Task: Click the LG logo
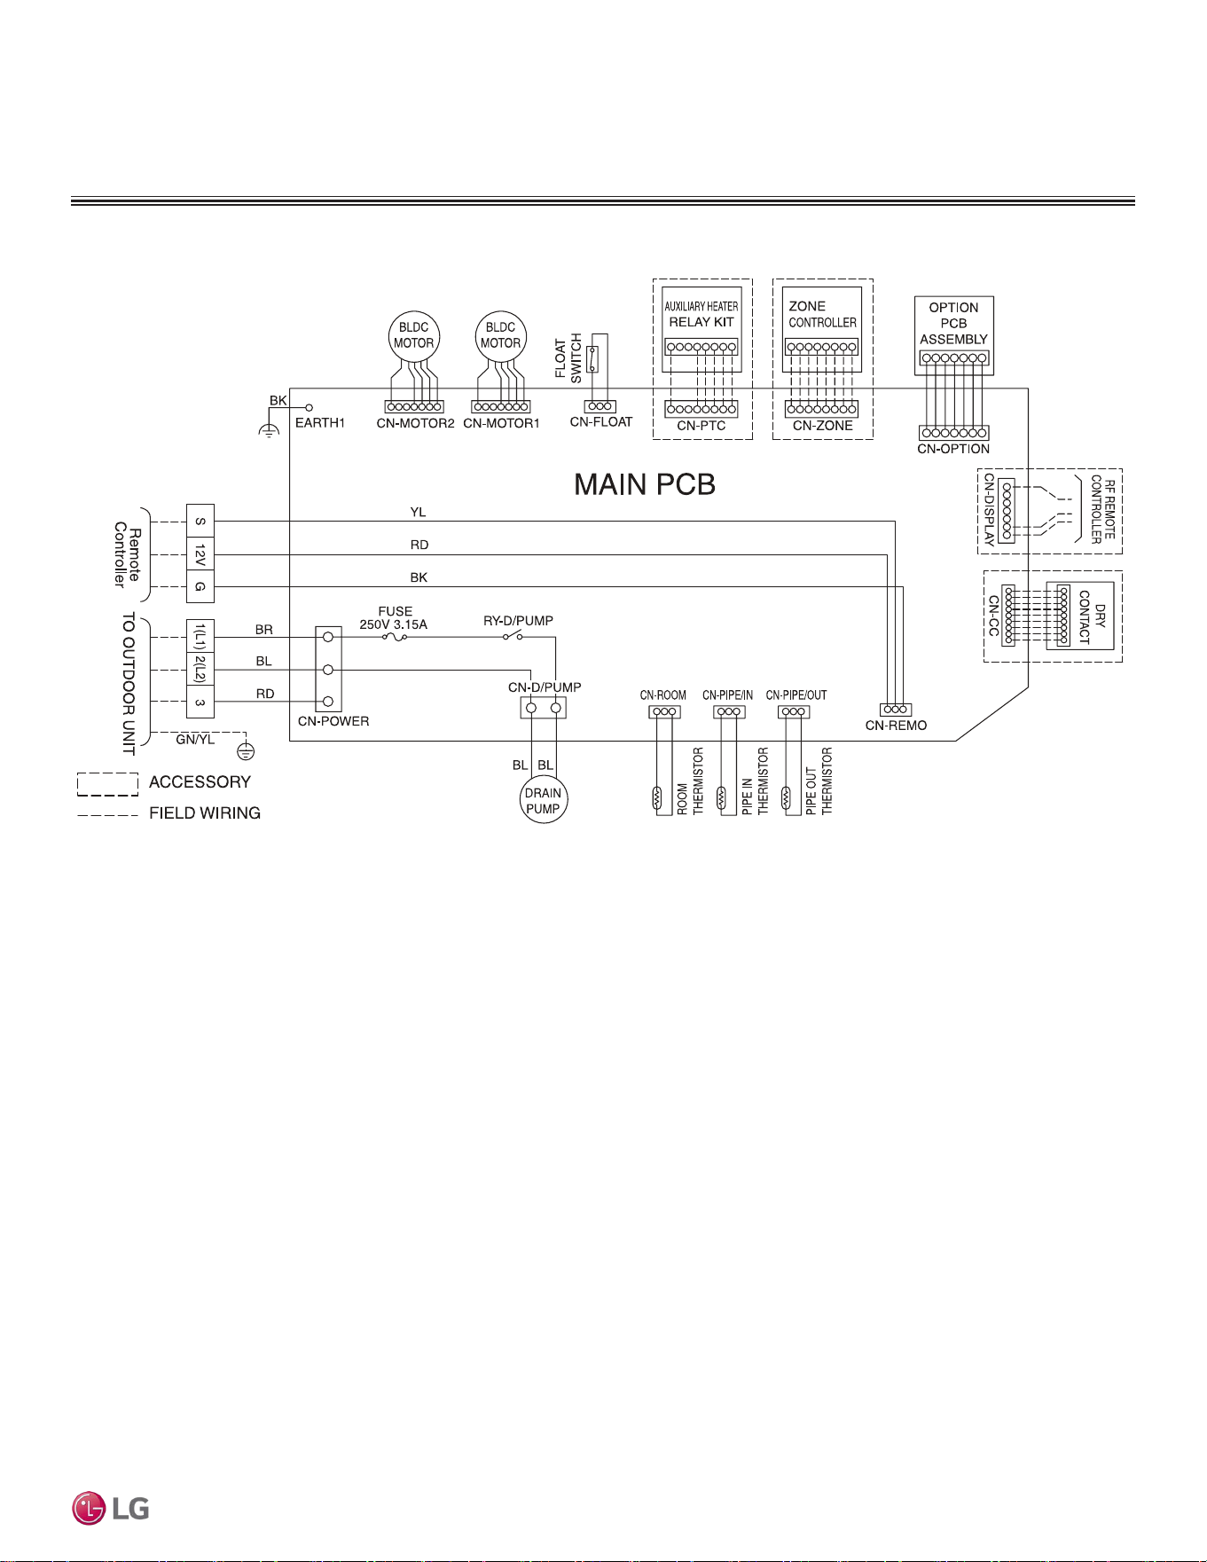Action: [111, 1508]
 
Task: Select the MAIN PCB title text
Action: [645, 484]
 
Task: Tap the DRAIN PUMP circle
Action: [543, 801]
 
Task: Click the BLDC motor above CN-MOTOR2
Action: [414, 335]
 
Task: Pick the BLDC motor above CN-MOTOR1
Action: [501, 335]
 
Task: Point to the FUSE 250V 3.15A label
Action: [394, 618]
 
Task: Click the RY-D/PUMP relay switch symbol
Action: [513, 636]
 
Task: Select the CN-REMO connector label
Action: [896, 726]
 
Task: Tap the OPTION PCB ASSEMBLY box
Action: [954, 335]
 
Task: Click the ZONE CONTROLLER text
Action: [823, 314]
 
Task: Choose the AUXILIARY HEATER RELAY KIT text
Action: [701, 314]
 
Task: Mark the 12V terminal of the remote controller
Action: [200, 554]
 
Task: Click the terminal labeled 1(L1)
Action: [200, 637]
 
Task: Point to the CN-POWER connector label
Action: [333, 721]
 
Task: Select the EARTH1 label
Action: [320, 422]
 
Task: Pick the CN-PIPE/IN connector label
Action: [728, 695]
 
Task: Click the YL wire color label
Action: [418, 512]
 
